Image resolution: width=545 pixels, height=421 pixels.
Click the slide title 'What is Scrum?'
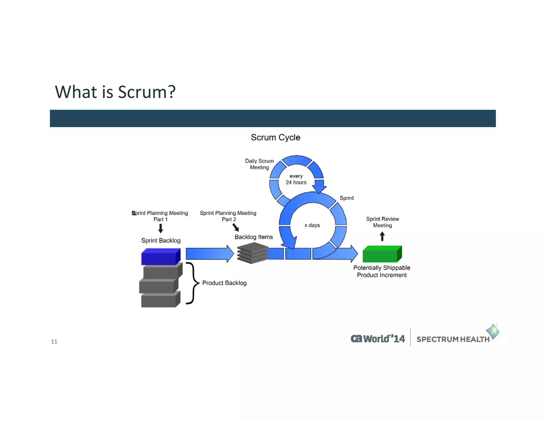115,92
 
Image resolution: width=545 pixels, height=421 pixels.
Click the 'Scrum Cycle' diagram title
275,137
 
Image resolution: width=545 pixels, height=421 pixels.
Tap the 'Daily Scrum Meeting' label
259,164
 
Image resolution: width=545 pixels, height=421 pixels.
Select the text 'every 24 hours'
296,179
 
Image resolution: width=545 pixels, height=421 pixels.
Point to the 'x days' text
312,225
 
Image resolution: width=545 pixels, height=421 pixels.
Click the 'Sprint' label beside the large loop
346,198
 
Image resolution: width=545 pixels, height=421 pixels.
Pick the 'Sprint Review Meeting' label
382,222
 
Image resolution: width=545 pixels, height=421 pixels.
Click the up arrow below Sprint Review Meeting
382,236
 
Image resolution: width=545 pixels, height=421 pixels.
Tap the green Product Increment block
382,254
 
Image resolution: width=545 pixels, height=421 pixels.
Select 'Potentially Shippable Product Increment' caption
382,271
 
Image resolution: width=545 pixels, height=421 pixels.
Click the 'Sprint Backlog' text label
161,241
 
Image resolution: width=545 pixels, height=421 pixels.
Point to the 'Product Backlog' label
224,283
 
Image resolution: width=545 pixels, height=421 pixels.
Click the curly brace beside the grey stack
193,283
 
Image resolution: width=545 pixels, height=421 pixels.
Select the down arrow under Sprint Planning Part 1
160,228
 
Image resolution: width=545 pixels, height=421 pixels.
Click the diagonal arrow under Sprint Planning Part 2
236,227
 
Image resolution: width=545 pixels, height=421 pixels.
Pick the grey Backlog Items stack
252,253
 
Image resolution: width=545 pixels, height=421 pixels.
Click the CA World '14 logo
378,339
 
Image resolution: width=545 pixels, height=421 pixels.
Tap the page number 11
54,342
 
